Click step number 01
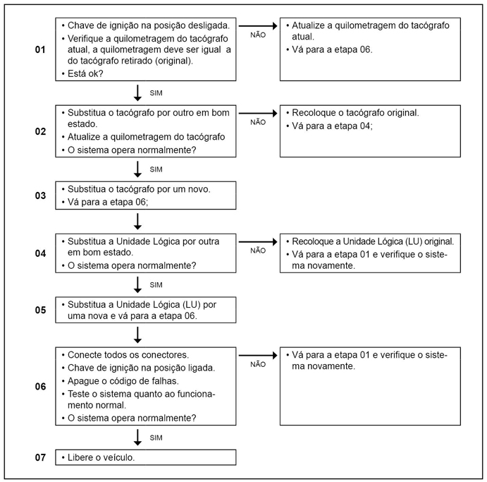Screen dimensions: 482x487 tap(40, 50)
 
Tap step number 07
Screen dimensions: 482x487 tap(40, 457)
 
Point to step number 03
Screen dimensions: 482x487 tap(40, 195)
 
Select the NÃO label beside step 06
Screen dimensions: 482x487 tap(258, 364)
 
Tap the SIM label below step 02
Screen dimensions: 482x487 tap(156, 169)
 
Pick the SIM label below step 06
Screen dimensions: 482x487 tap(156, 438)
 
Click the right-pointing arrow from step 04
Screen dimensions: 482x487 tap(258, 240)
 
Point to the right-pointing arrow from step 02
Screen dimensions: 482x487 tap(258, 112)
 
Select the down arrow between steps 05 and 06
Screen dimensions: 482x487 tap(137, 334)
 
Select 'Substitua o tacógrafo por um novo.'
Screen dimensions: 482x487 tap(146, 190)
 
